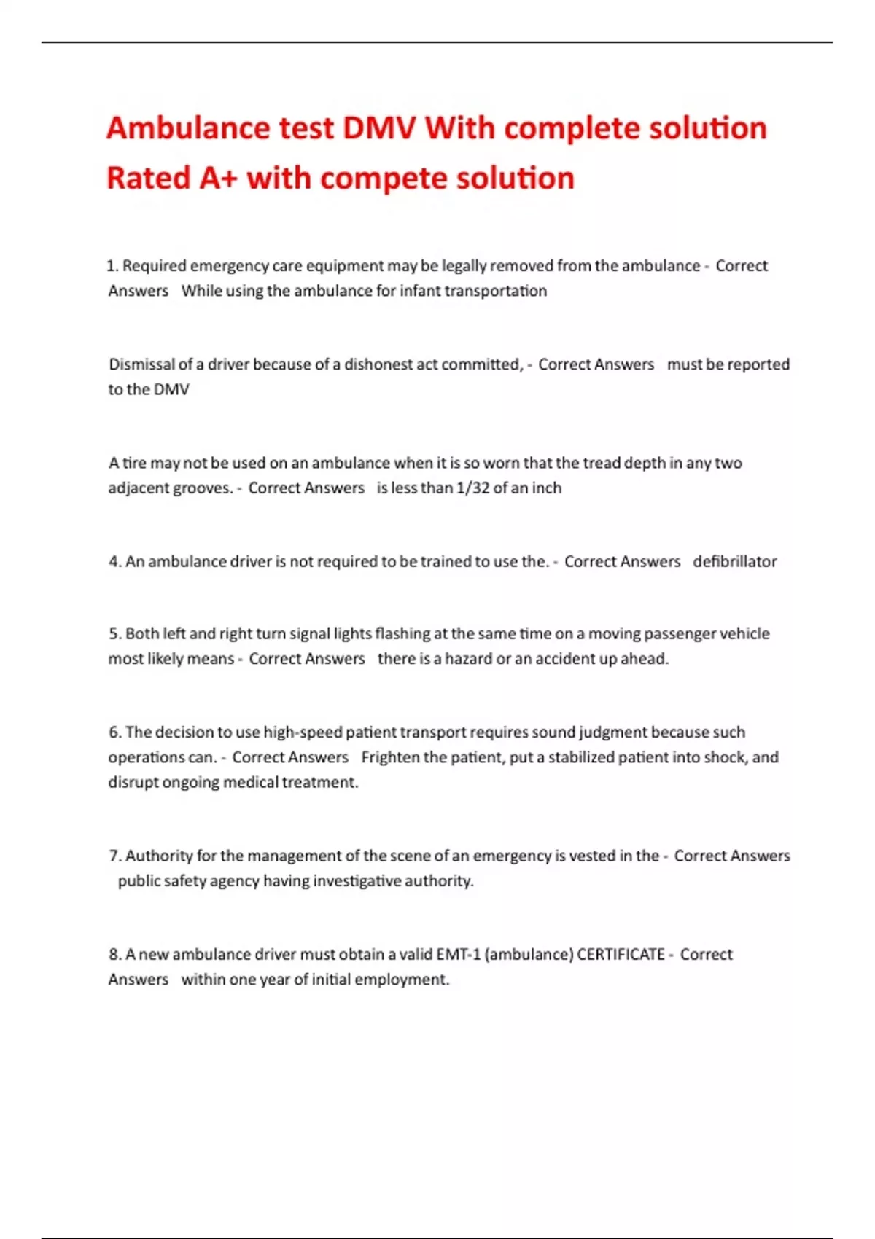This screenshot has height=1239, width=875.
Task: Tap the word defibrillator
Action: (x=734, y=562)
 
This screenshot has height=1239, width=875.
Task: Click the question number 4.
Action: (x=114, y=562)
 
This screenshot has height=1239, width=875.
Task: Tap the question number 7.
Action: (x=114, y=856)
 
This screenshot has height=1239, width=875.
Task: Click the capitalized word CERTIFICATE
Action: (x=621, y=955)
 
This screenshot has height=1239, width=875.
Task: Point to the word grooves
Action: (x=202, y=488)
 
